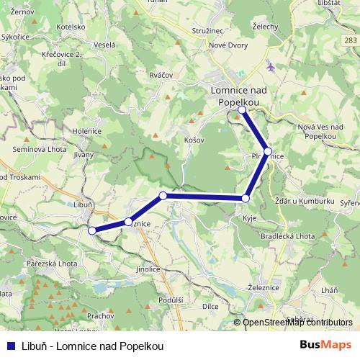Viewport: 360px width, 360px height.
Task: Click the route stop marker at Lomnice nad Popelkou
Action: pyautogui.click(x=243, y=110)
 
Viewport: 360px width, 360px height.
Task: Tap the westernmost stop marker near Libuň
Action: pyautogui.click(x=91, y=230)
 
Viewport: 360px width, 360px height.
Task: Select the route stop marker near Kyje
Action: pyautogui.click(x=246, y=198)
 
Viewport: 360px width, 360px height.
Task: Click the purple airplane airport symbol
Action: pyautogui.click(x=270, y=67)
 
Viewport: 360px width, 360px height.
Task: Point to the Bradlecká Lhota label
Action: pyautogui.click(x=288, y=236)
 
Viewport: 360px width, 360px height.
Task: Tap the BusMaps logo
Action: pyautogui.click(x=326, y=345)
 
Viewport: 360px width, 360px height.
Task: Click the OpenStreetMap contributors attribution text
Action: pyautogui.click(x=297, y=323)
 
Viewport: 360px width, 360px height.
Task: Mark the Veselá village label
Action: pyautogui.click(x=105, y=45)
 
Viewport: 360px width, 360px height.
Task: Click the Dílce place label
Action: pyautogui.click(x=210, y=306)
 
